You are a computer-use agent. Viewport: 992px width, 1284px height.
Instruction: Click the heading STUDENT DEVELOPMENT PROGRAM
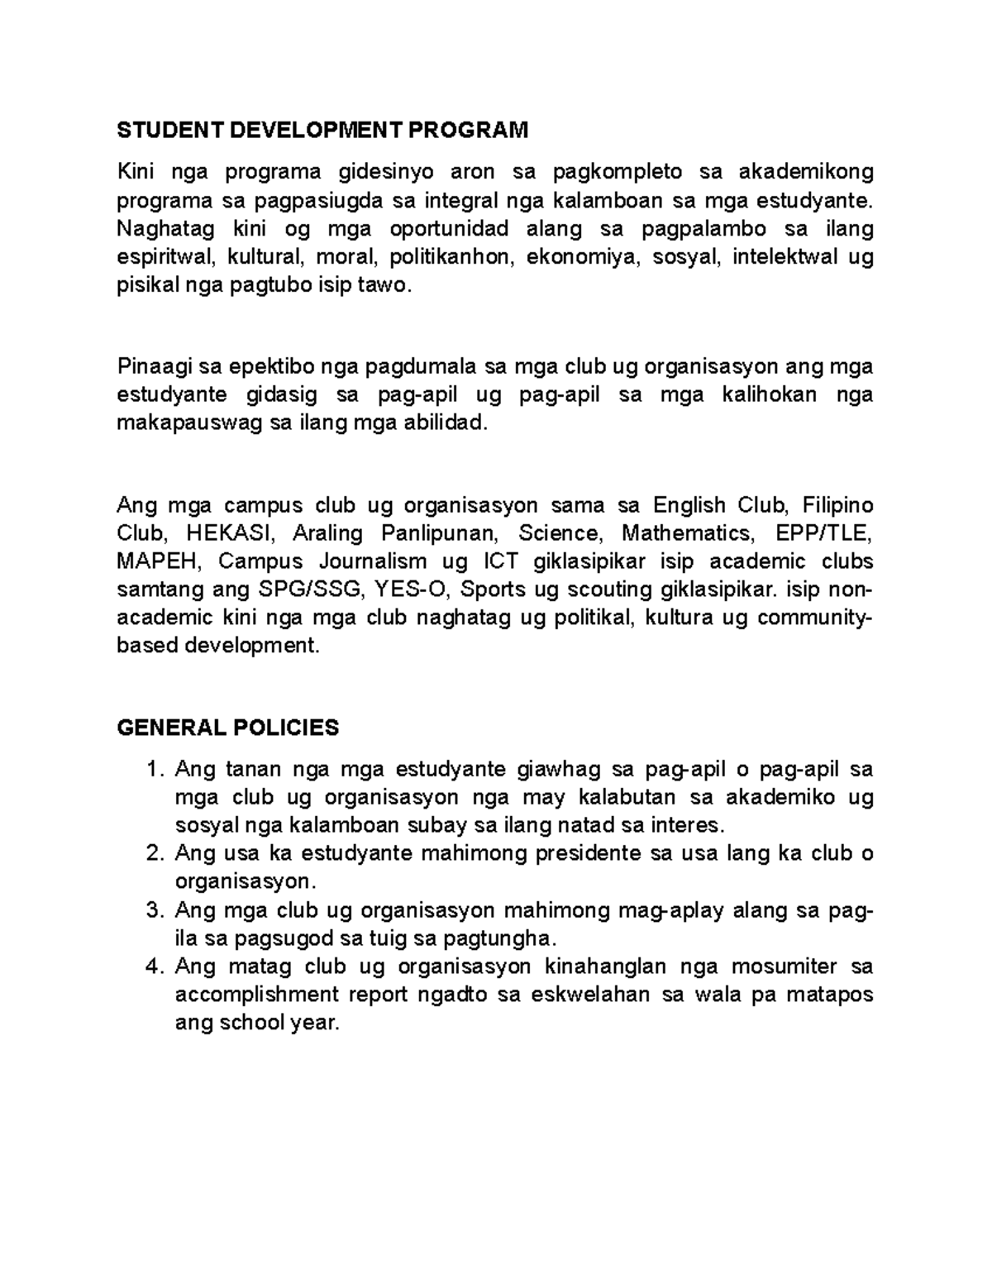tap(322, 131)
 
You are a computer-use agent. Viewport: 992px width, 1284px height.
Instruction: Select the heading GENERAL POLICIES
tap(228, 728)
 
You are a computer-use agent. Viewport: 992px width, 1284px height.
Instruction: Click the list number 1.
tap(153, 770)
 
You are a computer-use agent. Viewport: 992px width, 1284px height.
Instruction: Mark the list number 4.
tap(153, 967)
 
